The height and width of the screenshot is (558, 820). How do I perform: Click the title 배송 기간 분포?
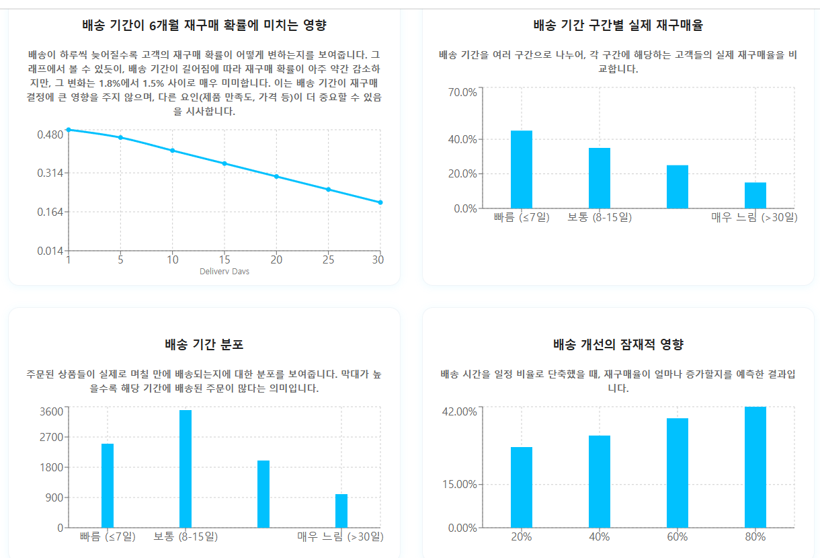[x=204, y=345]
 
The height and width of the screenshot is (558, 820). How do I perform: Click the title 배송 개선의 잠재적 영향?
[x=618, y=345]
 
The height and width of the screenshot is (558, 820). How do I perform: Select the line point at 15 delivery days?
[x=224, y=163]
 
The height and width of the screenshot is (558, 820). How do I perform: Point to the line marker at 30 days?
[x=380, y=202]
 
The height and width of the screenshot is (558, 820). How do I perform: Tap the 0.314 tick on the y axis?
[x=50, y=173]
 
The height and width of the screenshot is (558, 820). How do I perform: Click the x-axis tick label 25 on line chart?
[x=328, y=260]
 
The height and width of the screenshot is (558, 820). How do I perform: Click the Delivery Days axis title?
[x=224, y=272]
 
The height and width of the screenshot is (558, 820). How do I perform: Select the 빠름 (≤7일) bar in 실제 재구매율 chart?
[x=521, y=169]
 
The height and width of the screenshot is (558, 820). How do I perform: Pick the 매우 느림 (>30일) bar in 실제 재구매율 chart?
[x=755, y=195]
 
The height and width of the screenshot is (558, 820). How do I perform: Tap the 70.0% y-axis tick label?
[x=462, y=92]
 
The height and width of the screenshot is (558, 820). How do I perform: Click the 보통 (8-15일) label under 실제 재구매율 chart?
[x=600, y=217]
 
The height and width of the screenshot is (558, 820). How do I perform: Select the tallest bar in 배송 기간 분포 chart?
[x=186, y=469]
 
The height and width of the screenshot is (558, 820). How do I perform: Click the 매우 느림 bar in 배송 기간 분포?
[x=341, y=510]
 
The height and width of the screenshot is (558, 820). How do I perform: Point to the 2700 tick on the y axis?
[x=51, y=437]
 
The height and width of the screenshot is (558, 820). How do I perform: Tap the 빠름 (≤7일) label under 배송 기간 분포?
[x=108, y=536]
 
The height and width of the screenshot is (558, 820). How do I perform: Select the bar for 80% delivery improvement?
[x=755, y=467]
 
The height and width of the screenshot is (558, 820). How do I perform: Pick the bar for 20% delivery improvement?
[x=521, y=487]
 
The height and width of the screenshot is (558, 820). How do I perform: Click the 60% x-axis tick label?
[x=677, y=536]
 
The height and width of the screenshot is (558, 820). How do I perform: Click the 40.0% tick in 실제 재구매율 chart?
[x=462, y=139]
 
